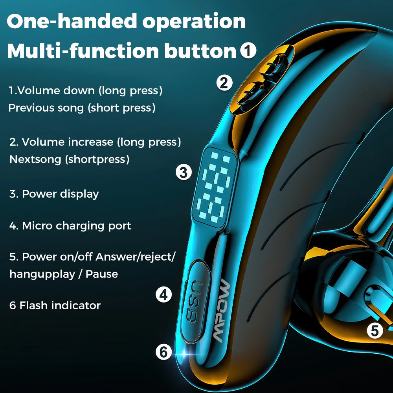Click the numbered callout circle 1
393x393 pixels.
[248, 51]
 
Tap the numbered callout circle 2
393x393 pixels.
[224, 83]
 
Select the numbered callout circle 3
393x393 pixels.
[184, 172]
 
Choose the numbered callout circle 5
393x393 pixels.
[375, 331]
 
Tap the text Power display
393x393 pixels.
[60, 194]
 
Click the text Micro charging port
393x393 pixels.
[76, 226]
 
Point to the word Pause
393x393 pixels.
[102, 274]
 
